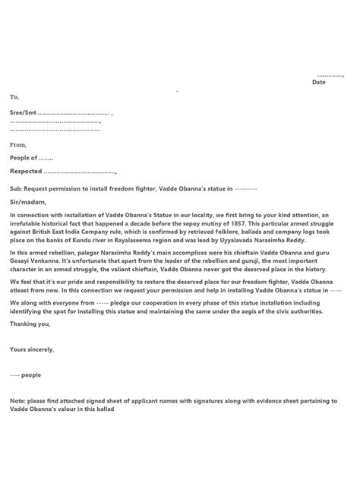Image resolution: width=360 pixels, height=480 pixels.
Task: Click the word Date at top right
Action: pos(319,82)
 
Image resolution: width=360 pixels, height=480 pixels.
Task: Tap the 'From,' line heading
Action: pos(17,144)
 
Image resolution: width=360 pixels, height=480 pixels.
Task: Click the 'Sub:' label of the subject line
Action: pos(16,188)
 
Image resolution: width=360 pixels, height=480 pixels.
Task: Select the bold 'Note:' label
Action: pos(17,400)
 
